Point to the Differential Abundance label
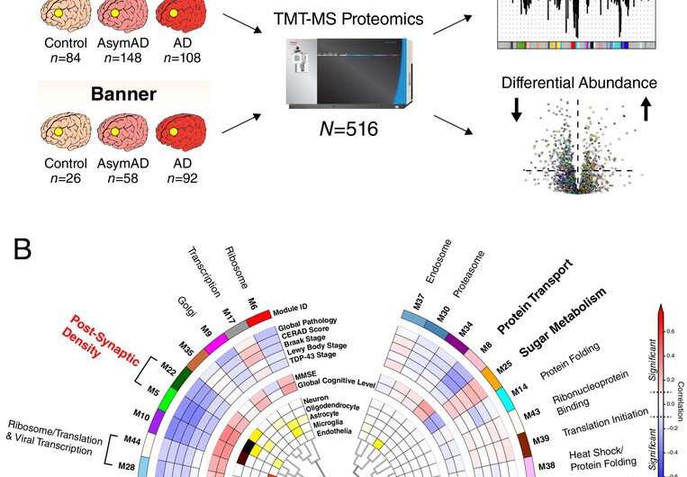[579, 83]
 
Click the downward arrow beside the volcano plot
[516, 108]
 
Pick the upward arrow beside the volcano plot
[646, 109]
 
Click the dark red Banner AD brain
[180, 132]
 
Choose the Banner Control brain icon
[64, 132]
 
